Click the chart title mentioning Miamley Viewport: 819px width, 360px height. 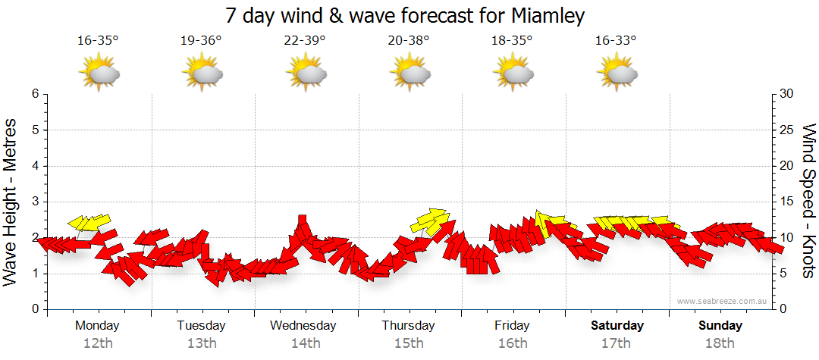pos(406,16)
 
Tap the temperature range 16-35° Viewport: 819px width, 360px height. pos(98,41)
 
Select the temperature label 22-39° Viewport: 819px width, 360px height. pos(305,41)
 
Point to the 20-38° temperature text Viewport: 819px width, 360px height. pos(409,41)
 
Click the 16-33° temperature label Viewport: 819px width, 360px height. pos(616,41)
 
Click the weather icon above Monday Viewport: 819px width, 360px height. pos(99,74)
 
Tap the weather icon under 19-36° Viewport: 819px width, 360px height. pos(202,74)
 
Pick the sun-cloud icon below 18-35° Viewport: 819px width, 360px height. pos(513,74)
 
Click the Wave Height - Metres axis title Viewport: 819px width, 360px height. pos(11,201)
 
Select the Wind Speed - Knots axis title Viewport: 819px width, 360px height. pos(808,201)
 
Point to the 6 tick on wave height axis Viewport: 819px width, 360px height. pos(35,94)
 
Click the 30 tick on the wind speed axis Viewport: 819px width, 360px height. pos(787,94)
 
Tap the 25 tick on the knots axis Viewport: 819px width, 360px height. pos(787,130)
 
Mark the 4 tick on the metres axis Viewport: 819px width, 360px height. pos(35,166)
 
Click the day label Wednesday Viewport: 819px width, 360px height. pos(303,326)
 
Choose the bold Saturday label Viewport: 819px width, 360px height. pos(617,326)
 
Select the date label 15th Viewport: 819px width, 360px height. pos(409,343)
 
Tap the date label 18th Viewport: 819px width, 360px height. pos(720,343)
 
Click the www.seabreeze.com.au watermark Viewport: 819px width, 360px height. pos(723,302)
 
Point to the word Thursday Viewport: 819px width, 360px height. pos(408,326)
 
